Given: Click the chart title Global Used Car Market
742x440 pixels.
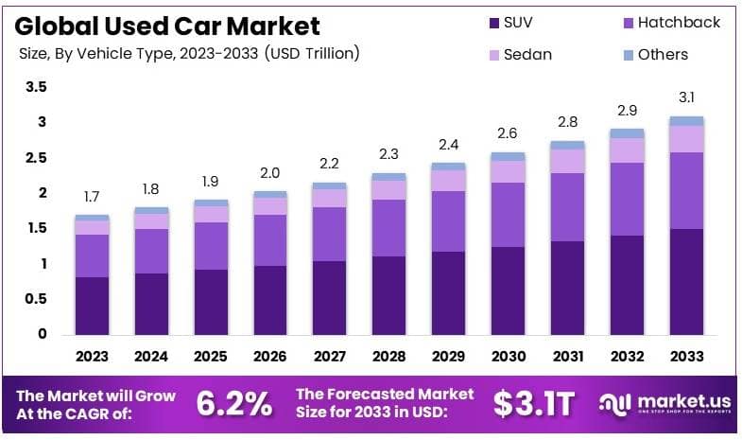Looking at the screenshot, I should pyautogui.click(x=169, y=25).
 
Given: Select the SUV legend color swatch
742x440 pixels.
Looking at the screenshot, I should pyautogui.click(x=493, y=22).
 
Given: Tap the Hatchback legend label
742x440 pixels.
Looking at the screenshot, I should pyautogui.click(x=679, y=22).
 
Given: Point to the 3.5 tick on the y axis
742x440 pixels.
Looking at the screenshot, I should pyautogui.click(x=36, y=87).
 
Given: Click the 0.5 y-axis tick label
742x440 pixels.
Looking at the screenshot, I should pyautogui.click(x=36, y=299).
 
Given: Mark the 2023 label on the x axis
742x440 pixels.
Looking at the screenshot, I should pyautogui.click(x=93, y=357).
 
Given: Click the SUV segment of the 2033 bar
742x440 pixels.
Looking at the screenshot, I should pyautogui.click(x=687, y=281).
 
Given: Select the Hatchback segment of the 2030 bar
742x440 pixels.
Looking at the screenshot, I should pyautogui.click(x=508, y=215).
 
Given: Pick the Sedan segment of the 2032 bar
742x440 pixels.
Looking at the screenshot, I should pyautogui.click(x=627, y=150).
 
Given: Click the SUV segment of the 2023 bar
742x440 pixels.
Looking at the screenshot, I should pyautogui.click(x=93, y=305).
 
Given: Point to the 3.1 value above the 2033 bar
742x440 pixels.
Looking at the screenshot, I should pyautogui.click(x=687, y=97).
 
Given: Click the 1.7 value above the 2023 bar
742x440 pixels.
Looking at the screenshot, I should pyautogui.click(x=93, y=197).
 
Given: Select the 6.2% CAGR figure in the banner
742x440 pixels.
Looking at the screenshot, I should pyautogui.click(x=233, y=404).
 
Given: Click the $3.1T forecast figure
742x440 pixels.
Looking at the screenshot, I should pyautogui.click(x=533, y=404).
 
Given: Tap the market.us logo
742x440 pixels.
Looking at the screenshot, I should pyautogui.click(x=665, y=405).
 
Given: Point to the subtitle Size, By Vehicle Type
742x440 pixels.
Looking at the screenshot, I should pyautogui.click(x=189, y=54).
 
